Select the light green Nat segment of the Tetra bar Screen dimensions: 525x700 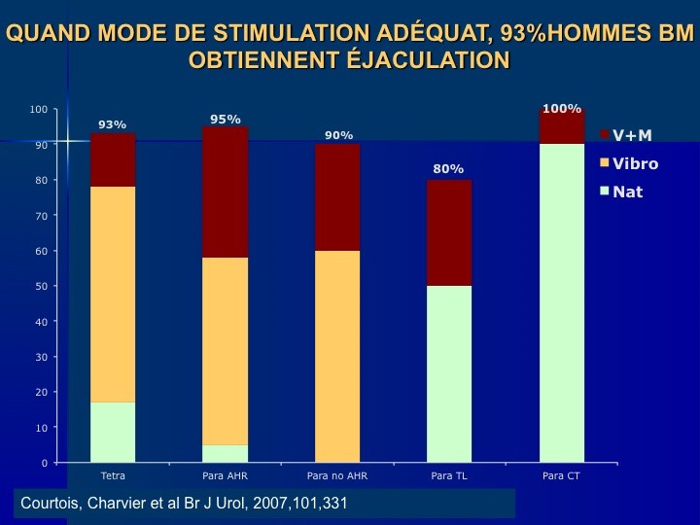(x=113, y=432)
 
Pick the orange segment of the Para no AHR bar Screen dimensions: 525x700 (x=338, y=356)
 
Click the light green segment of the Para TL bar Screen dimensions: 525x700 (x=449, y=373)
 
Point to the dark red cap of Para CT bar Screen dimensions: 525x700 (x=562, y=126)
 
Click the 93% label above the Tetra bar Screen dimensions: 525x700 (x=113, y=124)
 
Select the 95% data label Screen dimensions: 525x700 (x=226, y=120)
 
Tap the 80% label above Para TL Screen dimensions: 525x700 (x=448, y=169)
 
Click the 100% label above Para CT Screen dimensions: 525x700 (x=562, y=109)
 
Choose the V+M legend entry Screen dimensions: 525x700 (x=632, y=135)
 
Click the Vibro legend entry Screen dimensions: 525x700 (x=635, y=163)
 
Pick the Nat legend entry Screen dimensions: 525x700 (x=627, y=192)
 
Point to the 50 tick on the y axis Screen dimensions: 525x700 (x=40, y=286)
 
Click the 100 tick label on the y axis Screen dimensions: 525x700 (x=38, y=109)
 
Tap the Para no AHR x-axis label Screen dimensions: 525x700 (x=337, y=476)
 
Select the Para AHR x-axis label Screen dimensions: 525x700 (x=226, y=476)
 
